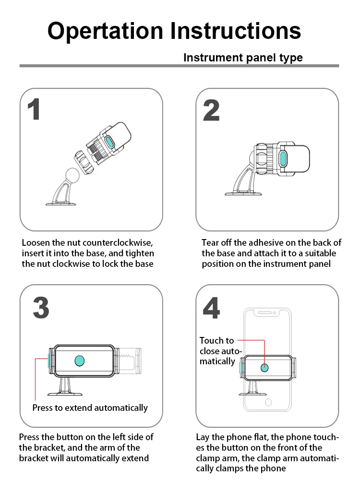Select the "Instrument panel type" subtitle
[x=243, y=58]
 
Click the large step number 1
[x=34, y=109]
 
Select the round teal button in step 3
[x=80, y=360]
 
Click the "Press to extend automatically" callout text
[x=90, y=408]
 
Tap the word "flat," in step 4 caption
[x=258, y=437]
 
